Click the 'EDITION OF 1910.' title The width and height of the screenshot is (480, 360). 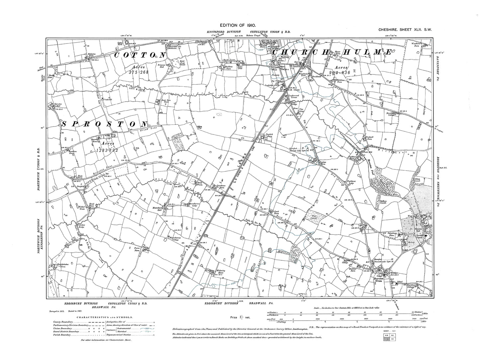coord(240,26)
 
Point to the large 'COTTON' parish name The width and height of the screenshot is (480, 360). coord(140,55)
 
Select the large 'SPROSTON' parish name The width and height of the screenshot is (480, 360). coord(104,124)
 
